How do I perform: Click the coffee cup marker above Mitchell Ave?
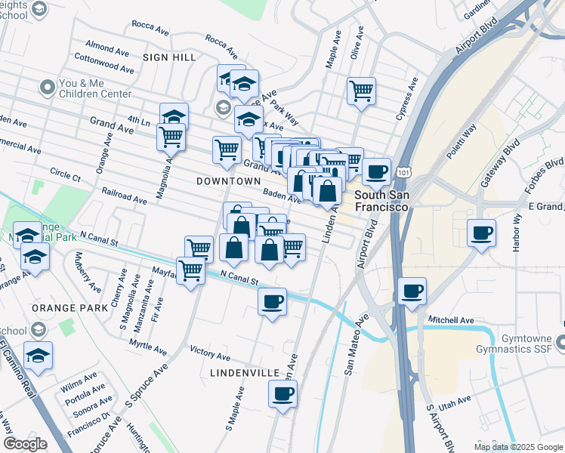pyautogui.click(x=412, y=291)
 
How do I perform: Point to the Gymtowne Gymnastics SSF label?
pyautogui.click(x=517, y=344)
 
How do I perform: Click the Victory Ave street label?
pyautogui.click(x=210, y=353)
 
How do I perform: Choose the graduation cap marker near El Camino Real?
pyautogui.click(x=39, y=355)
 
